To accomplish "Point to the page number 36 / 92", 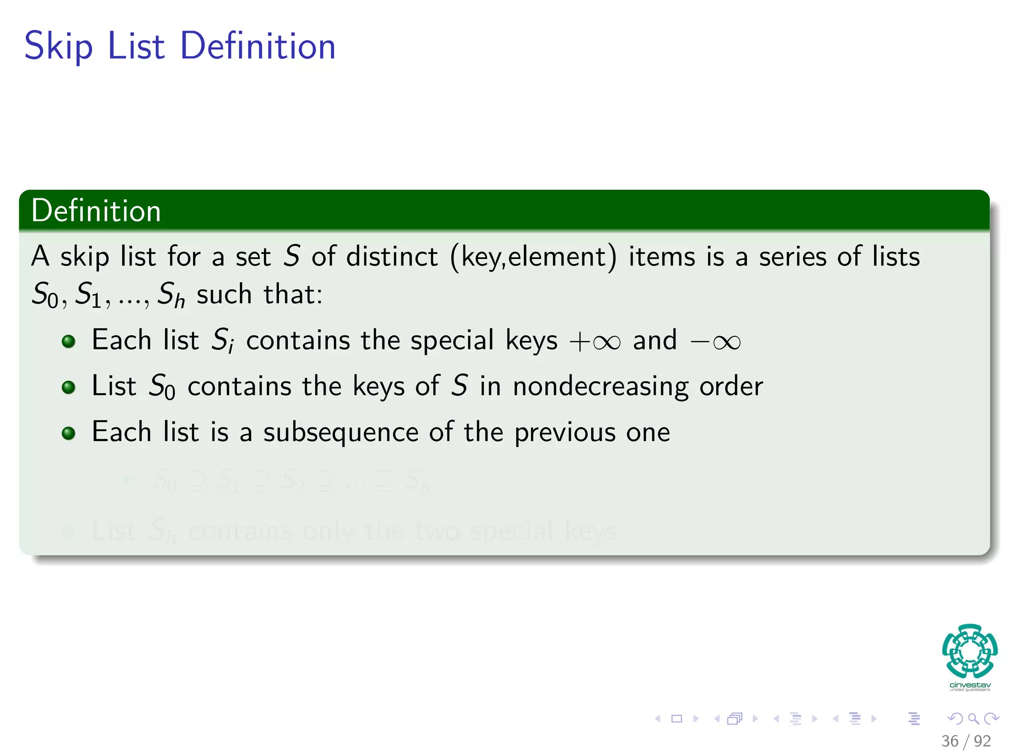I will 966,741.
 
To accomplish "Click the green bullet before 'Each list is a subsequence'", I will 68,433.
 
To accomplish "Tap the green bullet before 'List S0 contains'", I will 68,387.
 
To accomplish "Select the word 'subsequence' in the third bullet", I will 340,433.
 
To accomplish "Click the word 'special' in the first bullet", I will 452,341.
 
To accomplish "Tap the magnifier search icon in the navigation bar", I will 973,719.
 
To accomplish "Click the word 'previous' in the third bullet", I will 565,433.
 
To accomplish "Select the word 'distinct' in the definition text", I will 392,257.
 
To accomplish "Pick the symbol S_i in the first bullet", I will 222,341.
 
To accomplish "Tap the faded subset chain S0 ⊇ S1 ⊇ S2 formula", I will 291,480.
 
